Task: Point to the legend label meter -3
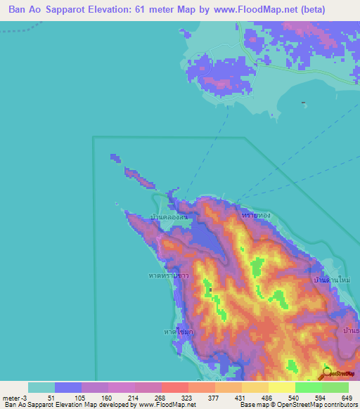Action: coord(15,398)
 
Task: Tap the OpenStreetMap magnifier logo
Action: coord(327,373)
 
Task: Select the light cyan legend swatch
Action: coord(41,387)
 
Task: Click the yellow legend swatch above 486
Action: coord(255,387)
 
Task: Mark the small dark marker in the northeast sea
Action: coord(302,104)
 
